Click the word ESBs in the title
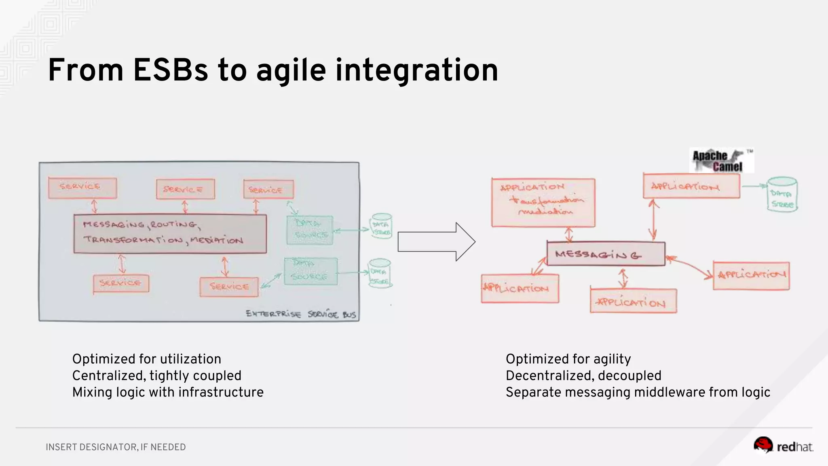click(x=170, y=70)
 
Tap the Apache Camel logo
click(x=721, y=161)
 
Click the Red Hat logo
click(x=783, y=446)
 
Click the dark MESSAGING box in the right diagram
click(x=605, y=254)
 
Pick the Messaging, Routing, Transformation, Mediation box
click(x=170, y=234)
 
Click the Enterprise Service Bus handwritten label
click(x=301, y=314)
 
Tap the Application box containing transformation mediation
click(x=543, y=202)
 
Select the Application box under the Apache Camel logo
click(x=691, y=186)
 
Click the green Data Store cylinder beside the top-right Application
click(x=782, y=195)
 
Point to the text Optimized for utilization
click(x=146, y=359)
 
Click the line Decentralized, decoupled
click(x=583, y=375)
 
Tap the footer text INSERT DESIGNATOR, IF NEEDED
click(x=116, y=447)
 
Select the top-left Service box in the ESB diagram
click(x=82, y=188)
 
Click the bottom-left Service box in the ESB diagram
click(x=120, y=283)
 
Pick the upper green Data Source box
click(x=310, y=230)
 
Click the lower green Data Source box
click(x=310, y=271)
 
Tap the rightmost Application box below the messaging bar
click(x=751, y=275)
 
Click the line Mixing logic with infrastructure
click(x=168, y=392)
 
